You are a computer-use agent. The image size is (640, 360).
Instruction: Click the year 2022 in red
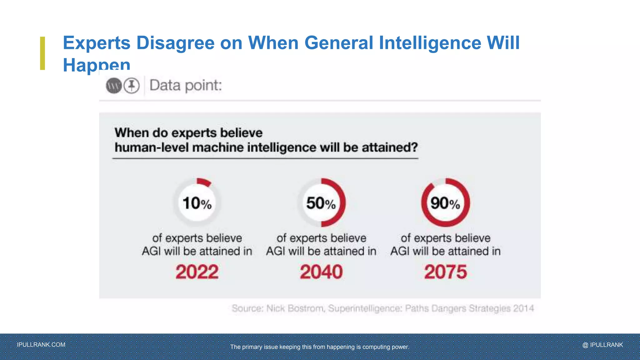(197, 272)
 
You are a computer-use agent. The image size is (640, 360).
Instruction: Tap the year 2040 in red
(321, 272)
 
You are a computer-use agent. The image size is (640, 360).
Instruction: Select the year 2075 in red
(445, 272)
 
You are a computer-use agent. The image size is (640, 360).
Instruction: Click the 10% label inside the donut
(197, 203)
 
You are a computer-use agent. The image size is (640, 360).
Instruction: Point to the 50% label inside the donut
(321, 203)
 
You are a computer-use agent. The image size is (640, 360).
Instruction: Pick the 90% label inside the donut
(445, 203)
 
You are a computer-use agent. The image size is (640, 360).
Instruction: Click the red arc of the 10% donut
(204, 182)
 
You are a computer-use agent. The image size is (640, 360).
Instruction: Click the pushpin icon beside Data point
(132, 86)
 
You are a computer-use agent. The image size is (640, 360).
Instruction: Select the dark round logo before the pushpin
(114, 86)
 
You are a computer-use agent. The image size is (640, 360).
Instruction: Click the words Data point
(186, 85)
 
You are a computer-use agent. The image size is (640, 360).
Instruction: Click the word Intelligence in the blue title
(430, 43)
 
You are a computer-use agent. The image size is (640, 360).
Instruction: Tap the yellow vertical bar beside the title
(42, 53)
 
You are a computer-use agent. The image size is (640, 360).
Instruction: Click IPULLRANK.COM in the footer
(41, 345)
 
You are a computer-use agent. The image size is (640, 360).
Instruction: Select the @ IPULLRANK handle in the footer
(602, 345)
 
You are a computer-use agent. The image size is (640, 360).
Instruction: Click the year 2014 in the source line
(523, 309)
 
